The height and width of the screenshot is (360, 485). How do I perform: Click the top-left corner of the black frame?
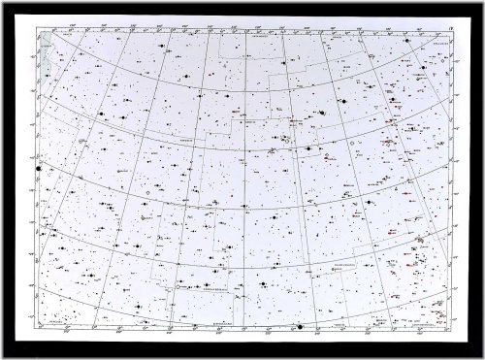coord(2,2)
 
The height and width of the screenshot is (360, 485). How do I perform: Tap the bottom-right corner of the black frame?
coord(481,356)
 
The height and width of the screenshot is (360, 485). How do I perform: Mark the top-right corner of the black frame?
coord(481,2)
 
